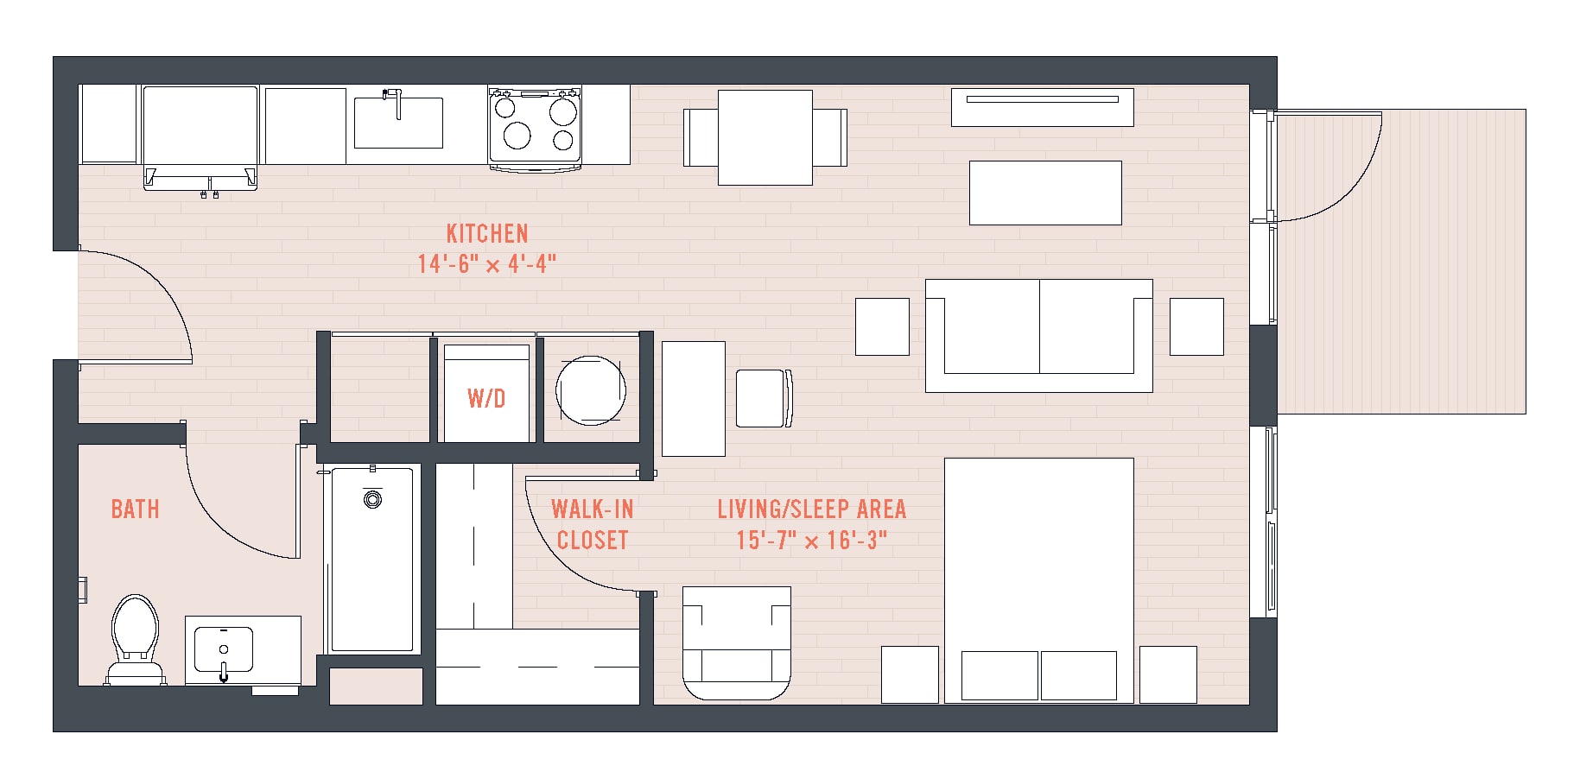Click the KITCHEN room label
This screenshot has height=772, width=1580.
tap(487, 233)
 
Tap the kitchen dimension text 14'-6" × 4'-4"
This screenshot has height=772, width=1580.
tap(487, 263)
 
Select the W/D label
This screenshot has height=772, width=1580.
tap(486, 398)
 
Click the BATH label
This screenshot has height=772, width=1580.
tap(136, 509)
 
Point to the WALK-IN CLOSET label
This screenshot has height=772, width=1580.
tap(593, 524)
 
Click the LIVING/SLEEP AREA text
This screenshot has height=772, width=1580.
tap(812, 509)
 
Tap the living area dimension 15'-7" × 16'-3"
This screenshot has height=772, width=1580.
tap(812, 541)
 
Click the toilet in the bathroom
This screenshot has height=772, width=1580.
tap(136, 639)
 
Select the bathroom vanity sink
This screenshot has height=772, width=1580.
tap(224, 650)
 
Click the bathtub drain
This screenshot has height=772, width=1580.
tap(372, 499)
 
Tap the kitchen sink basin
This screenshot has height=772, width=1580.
tap(399, 123)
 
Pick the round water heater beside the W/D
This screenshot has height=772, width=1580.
tap(591, 390)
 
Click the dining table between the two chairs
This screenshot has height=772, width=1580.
tap(765, 137)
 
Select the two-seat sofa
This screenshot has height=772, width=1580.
tap(1039, 335)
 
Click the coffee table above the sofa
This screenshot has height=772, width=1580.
tap(1045, 193)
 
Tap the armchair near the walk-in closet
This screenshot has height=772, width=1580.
tap(737, 643)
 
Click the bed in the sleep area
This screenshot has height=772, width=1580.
tap(1039, 580)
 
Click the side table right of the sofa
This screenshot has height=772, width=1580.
tap(1196, 326)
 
